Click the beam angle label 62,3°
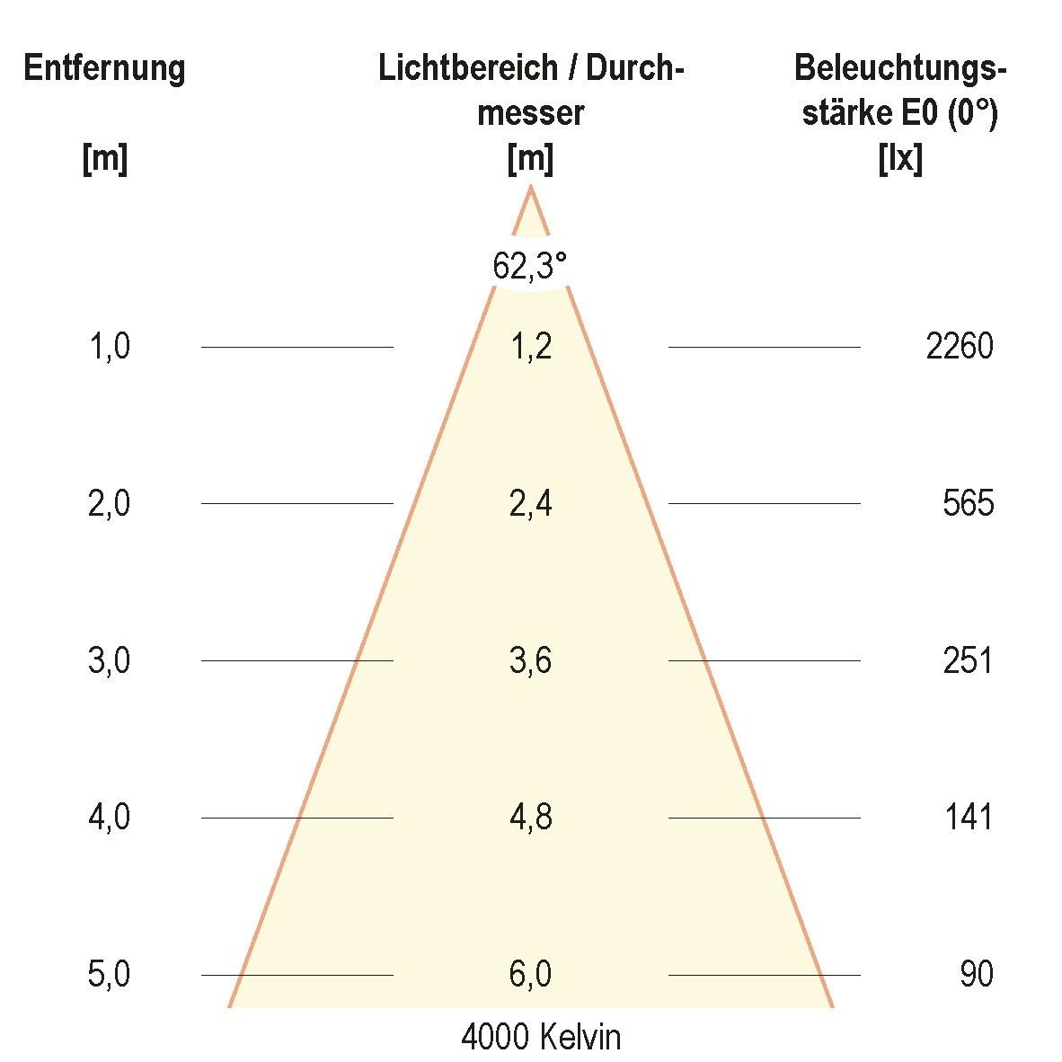(530, 266)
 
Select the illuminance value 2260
(960, 347)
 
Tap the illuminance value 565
(969, 503)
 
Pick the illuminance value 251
(969, 660)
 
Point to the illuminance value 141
(969, 818)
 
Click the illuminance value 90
(977, 974)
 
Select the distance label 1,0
(110, 347)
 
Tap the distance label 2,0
(110, 503)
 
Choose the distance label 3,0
(110, 660)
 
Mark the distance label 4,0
(110, 818)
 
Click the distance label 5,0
(110, 974)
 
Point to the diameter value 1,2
(530, 347)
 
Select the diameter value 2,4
(530, 503)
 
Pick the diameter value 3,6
(530, 660)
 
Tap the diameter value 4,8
(530, 818)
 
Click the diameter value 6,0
(530, 974)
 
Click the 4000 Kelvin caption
(541, 1038)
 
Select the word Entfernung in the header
(104, 68)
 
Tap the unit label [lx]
(900, 160)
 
